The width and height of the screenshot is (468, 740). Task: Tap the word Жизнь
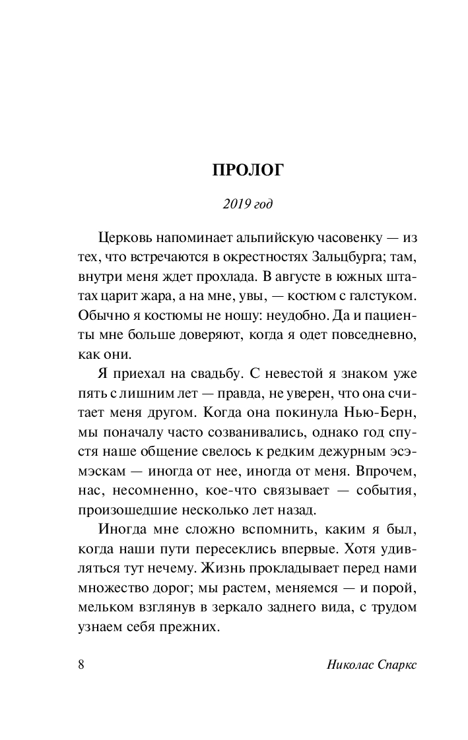pos(246,568)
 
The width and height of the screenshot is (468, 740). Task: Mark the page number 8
pos(81,663)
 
